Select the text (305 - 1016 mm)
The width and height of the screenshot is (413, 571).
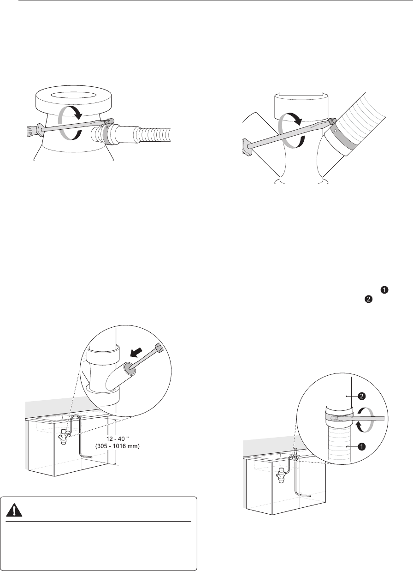[118, 446]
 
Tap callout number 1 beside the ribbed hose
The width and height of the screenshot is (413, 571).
[362, 446]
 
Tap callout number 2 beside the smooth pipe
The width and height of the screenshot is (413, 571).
[362, 396]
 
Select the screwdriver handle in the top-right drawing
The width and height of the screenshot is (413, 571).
[246, 147]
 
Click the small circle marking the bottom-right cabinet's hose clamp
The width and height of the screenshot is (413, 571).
[295, 458]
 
